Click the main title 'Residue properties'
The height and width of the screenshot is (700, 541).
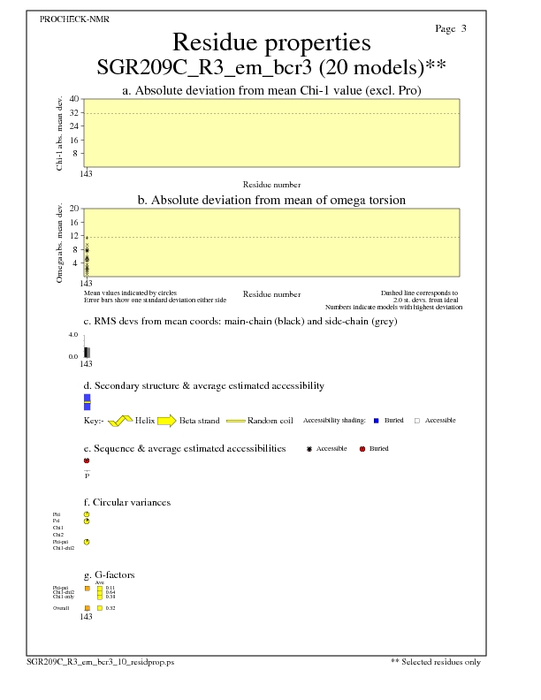(270, 42)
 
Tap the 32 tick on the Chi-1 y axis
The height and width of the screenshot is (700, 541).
(76, 112)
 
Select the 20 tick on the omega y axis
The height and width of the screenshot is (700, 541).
(76, 209)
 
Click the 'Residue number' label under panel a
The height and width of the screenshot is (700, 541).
(271, 185)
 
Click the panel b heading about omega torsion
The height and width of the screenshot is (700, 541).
(271, 201)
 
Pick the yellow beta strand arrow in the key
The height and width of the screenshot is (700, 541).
(166, 421)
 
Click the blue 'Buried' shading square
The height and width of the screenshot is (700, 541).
(377, 421)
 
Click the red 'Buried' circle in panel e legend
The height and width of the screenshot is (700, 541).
(362, 449)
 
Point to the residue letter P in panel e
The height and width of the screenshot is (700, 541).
(87, 476)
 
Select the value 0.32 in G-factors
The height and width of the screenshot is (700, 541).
(111, 608)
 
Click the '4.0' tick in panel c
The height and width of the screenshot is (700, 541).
(73, 335)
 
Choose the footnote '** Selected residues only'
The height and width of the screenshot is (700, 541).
(435, 661)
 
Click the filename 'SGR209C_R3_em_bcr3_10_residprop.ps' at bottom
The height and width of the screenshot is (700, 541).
(100, 661)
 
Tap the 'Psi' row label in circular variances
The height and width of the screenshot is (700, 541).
(57, 521)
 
